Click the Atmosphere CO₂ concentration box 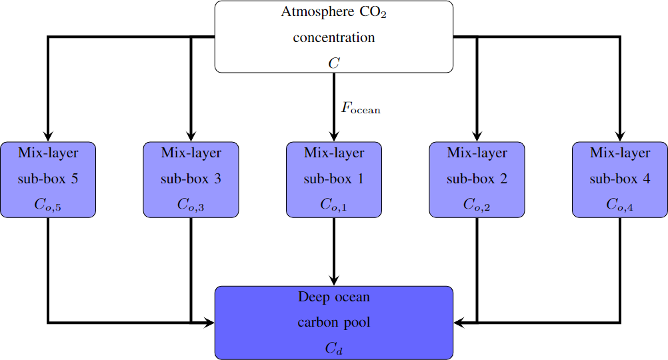pyautogui.click(x=333, y=37)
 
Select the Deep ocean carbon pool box pyautogui.click(x=333, y=323)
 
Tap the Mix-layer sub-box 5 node pyautogui.click(x=48, y=179)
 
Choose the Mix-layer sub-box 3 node pyautogui.click(x=191, y=179)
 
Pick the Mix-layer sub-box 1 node pyautogui.click(x=334, y=179)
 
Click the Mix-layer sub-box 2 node pyautogui.click(x=477, y=179)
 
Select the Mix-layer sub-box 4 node pyautogui.click(x=620, y=179)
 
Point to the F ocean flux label pyautogui.click(x=361, y=107)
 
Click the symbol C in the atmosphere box pyautogui.click(x=334, y=63)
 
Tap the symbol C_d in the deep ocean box pyautogui.click(x=334, y=348)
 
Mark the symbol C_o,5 pyautogui.click(x=48, y=205)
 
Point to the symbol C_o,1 pyautogui.click(x=334, y=205)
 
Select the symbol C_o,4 pyautogui.click(x=620, y=205)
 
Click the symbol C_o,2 pyautogui.click(x=477, y=205)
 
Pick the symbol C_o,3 pyautogui.click(x=191, y=205)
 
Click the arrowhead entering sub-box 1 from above pyautogui.click(x=334, y=137)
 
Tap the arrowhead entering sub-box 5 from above pyautogui.click(x=48, y=137)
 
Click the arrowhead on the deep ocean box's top pyautogui.click(x=334, y=281)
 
